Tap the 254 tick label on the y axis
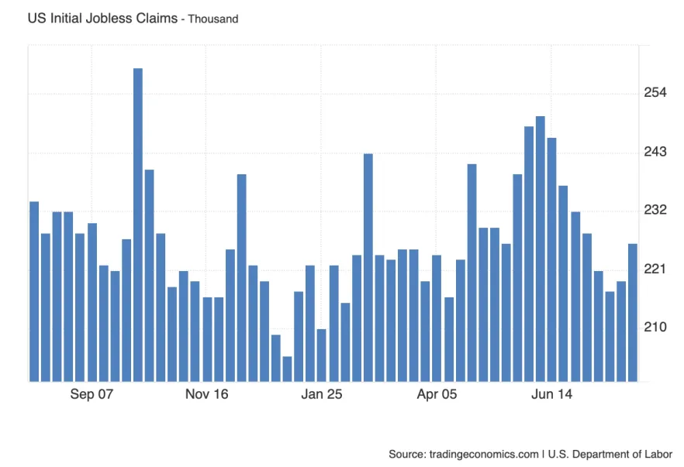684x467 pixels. [656, 94]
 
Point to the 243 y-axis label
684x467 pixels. [656, 152]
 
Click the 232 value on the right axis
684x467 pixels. [656, 211]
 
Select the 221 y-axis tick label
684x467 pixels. [656, 270]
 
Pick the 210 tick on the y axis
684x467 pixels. [656, 328]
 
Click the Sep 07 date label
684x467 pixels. [92, 395]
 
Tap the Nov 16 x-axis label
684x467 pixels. [206, 395]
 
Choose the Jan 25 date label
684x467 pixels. [321, 395]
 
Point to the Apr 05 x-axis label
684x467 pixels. [437, 395]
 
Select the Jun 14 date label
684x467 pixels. [551, 395]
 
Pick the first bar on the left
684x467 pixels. [34, 291]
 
